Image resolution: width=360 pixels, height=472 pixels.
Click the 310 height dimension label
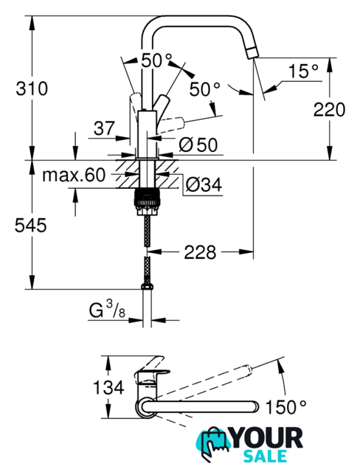pos(32,88)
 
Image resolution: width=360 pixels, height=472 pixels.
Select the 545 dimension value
pos(31,225)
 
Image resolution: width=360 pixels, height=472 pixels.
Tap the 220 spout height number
pos(329,109)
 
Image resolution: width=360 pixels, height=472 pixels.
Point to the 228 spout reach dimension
pos(200,251)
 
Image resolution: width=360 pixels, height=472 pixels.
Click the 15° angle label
pos(302,71)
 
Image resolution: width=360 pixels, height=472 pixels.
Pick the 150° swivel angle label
pos(285,406)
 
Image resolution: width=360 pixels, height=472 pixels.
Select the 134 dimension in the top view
pos(108,386)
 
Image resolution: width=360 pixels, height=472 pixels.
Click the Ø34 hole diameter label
pos(204,184)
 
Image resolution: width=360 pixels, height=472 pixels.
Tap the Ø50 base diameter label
pos(198,145)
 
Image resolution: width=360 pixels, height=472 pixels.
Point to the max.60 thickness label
pos(74,175)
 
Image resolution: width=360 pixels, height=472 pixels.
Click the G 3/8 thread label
pos(107,310)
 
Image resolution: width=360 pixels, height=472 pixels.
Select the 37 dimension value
pos(104,128)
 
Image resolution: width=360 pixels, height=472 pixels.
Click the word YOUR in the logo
pos(268,438)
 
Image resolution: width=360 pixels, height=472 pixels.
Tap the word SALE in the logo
pos(265,456)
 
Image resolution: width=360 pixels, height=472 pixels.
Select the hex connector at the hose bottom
pos(146,286)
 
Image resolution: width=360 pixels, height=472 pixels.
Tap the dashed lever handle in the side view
pos(171,123)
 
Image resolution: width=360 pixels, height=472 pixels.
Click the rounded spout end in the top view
pos(255,406)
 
